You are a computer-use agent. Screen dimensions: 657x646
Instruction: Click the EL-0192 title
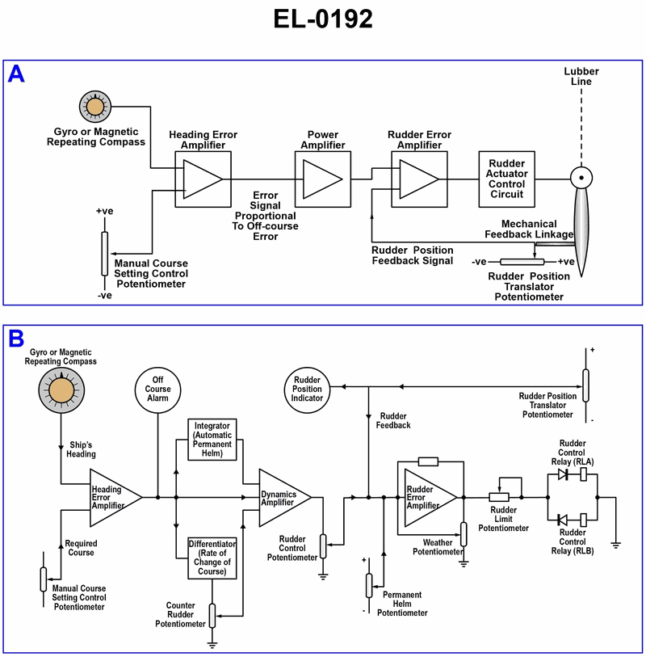click(323, 18)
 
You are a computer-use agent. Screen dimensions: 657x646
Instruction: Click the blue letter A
click(16, 74)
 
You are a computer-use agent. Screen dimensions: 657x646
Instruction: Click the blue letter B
click(16, 339)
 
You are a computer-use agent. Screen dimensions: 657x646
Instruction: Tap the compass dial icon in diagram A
click(95, 107)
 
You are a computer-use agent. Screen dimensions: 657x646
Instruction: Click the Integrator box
click(212, 439)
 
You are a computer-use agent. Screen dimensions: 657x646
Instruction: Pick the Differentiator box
click(212, 556)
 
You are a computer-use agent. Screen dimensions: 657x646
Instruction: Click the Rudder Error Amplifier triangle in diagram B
click(422, 497)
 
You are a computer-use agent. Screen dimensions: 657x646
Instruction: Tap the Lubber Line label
click(581, 77)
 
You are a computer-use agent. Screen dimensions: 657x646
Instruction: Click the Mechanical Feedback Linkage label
click(531, 229)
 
